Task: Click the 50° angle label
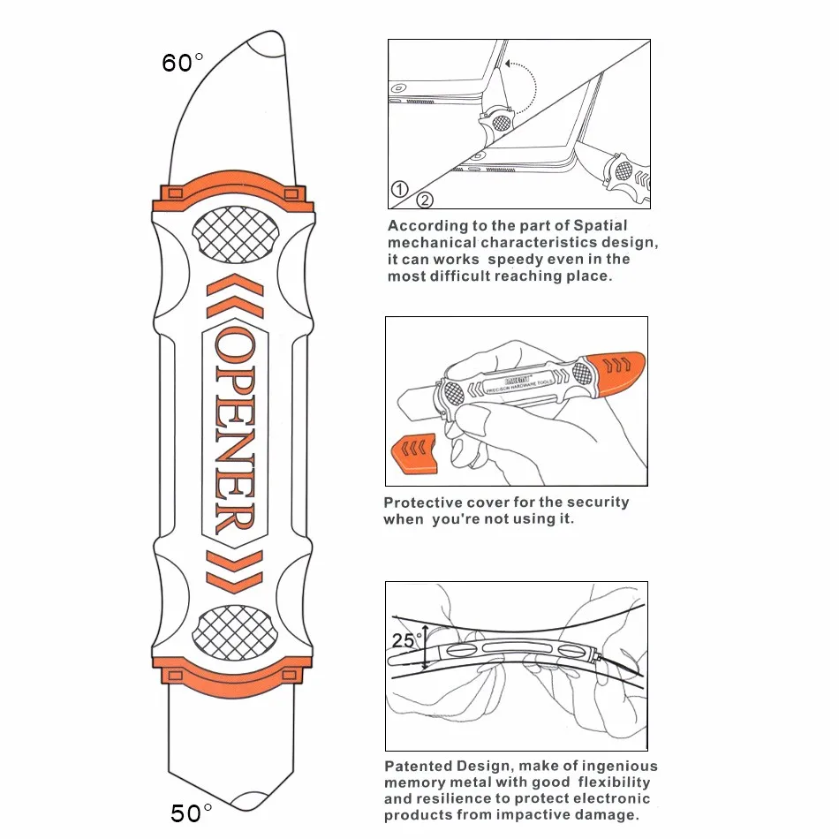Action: tap(191, 812)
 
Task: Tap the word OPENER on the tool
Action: tap(233, 432)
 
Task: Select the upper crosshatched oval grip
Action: tap(234, 233)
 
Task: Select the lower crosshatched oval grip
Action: tap(234, 632)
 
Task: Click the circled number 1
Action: tap(399, 189)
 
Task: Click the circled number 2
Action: tap(425, 199)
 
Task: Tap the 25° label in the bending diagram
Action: tap(404, 641)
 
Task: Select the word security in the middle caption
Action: tap(598, 503)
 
